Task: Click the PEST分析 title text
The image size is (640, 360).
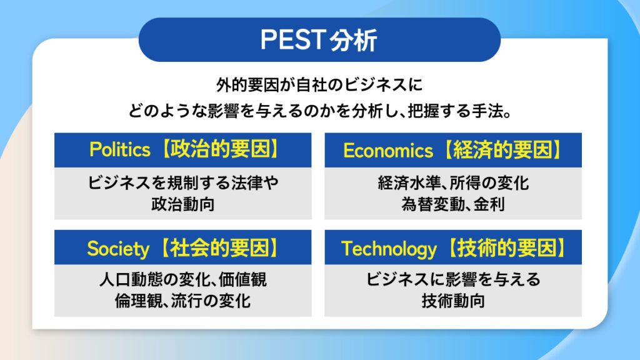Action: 319,40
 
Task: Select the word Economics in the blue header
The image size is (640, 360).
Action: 388,150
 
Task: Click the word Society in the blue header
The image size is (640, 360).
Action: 117,249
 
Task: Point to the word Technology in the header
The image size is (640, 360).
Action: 389,249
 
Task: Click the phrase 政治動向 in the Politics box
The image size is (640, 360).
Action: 182,204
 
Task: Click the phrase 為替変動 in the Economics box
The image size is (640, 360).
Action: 427,204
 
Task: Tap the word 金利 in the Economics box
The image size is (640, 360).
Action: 491,204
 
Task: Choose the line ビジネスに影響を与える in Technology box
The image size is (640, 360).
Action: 453,279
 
